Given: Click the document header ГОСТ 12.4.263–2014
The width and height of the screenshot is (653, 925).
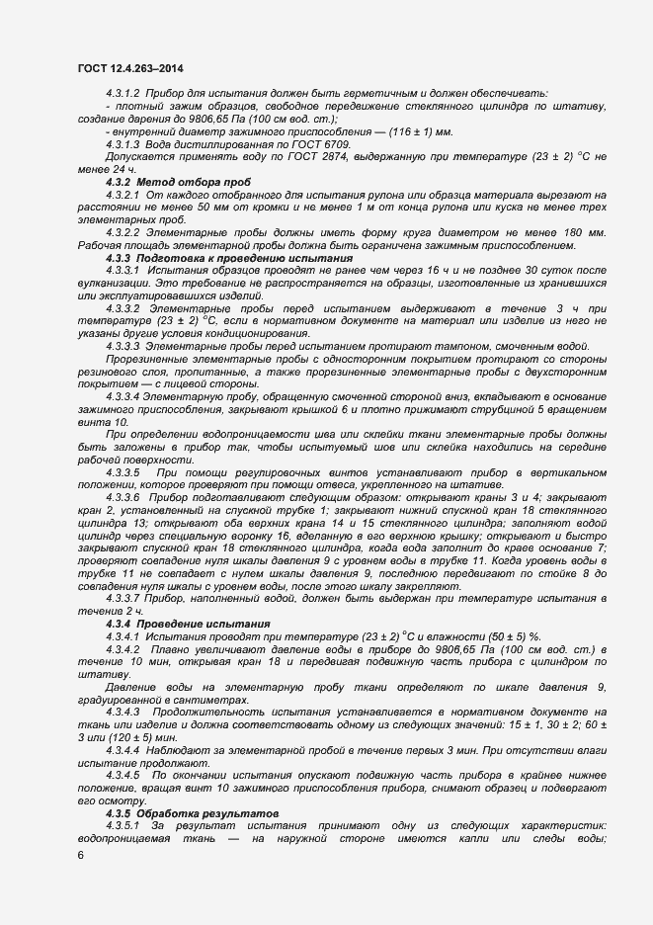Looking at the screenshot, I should point(128,66).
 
